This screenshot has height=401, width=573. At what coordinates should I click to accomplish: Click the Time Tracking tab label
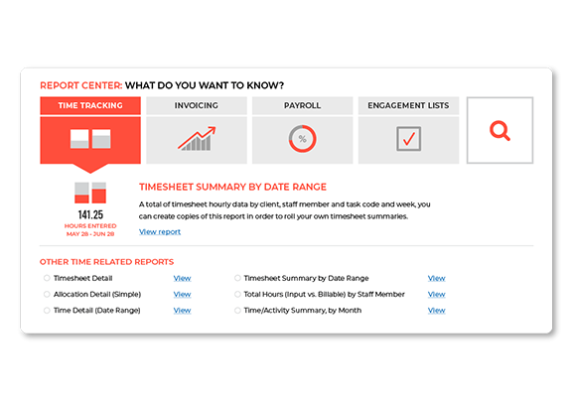tap(90, 105)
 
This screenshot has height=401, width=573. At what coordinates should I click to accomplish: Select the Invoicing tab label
tap(197, 105)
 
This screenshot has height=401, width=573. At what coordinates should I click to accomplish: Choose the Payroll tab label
tap(302, 105)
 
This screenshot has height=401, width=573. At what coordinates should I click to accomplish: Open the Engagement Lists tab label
tap(408, 105)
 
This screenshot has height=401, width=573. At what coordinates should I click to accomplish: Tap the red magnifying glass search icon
tap(500, 131)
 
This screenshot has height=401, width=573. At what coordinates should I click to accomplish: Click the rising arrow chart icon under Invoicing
tap(197, 138)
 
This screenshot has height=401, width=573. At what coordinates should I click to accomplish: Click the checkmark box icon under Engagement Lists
tap(408, 139)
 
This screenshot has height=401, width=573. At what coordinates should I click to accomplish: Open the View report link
tap(160, 232)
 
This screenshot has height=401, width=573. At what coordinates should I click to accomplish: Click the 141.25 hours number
tap(90, 214)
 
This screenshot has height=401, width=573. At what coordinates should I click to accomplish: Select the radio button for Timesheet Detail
tap(47, 278)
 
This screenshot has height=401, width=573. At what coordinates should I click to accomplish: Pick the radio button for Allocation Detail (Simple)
tap(47, 294)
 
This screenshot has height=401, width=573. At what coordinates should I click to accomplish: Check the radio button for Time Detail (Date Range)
tap(47, 310)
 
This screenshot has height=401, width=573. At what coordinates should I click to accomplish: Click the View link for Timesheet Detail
tap(182, 278)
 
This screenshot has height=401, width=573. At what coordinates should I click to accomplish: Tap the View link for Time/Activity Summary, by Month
tap(436, 311)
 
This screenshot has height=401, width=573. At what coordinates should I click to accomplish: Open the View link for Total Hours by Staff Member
tap(436, 295)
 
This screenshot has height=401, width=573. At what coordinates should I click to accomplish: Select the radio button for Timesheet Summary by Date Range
tap(237, 278)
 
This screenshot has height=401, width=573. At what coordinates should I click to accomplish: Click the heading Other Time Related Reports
tap(106, 262)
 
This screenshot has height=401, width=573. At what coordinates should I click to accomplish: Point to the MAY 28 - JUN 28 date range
tap(90, 234)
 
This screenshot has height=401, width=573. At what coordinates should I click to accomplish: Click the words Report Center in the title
tap(81, 85)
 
